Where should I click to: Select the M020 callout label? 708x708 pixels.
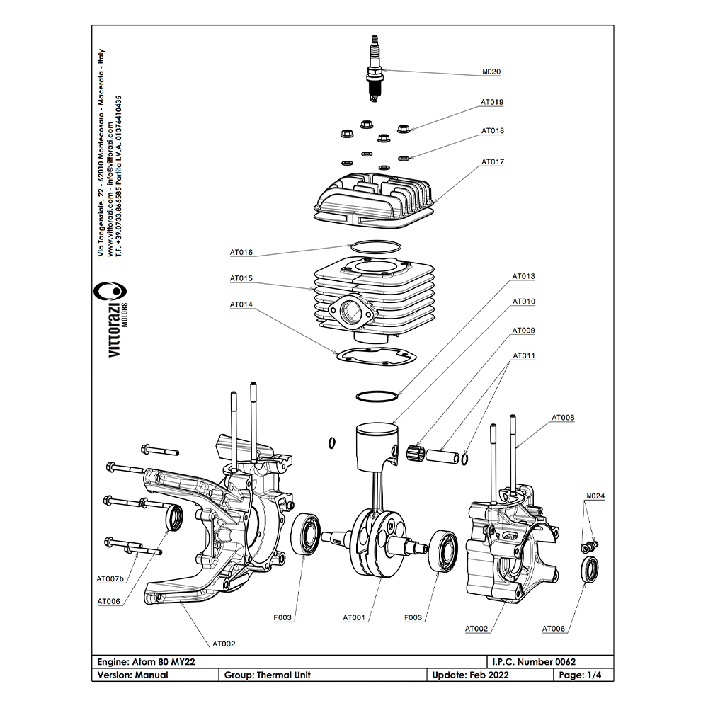491,72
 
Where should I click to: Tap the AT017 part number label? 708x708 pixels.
493,162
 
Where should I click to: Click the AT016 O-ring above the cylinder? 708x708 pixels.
376,247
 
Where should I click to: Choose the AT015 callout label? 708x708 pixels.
241,278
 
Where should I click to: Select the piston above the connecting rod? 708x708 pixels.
375,442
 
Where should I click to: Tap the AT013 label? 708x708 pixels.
524,276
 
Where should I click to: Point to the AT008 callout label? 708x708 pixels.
563,418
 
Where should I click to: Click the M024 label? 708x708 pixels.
595,496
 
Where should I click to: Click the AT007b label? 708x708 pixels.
110,579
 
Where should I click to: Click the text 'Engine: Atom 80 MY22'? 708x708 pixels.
146,661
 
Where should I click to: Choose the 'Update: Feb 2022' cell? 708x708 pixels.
469,675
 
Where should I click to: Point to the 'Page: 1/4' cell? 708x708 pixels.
581,675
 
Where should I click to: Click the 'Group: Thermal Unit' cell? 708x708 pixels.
268,675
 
